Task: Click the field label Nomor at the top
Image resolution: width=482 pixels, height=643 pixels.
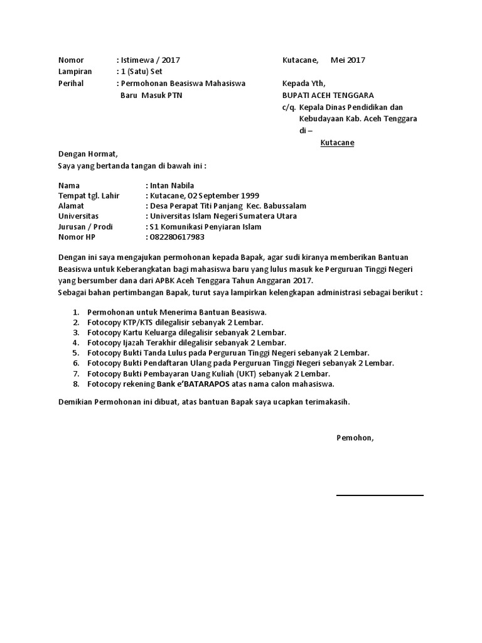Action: pos(71,60)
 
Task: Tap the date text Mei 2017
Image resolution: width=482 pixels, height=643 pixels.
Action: pos(348,60)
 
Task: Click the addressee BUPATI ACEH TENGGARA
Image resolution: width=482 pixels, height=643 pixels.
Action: pos(328,95)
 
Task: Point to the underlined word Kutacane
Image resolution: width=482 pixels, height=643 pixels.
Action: pos(337,143)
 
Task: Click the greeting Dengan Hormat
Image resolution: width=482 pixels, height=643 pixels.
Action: pos(88,154)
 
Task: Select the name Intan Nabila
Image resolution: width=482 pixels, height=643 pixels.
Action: pos(172,185)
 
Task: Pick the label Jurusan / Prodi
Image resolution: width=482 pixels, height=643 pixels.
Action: pos(84,227)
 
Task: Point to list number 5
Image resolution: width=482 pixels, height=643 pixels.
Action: pos(76,353)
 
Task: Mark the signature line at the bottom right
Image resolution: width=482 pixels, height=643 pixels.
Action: pos(380,495)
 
